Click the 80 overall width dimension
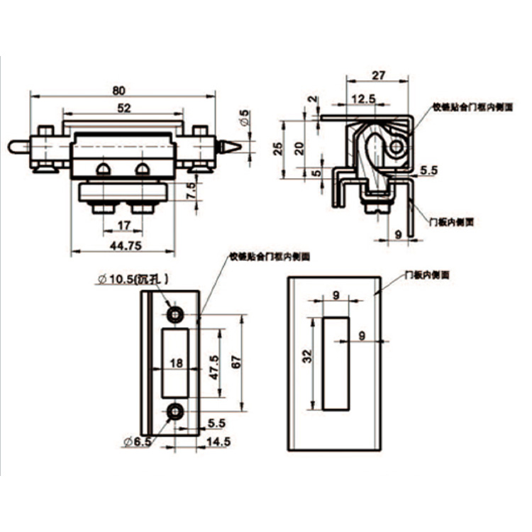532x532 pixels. [x=118, y=90]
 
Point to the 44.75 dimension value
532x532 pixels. [x=123, y=245]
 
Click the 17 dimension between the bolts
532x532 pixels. [x=123, y=226]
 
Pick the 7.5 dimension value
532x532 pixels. [x=189, y=190]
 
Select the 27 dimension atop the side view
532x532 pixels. [x=377, y=73]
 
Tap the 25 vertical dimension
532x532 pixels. [x=278, y=148]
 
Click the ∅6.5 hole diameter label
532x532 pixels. [x=134, y=442]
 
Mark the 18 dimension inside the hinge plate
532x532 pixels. [x=177, y=362]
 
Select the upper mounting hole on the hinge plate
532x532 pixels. [x=173, y=314]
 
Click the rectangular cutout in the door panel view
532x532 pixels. [x=336, y=364]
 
